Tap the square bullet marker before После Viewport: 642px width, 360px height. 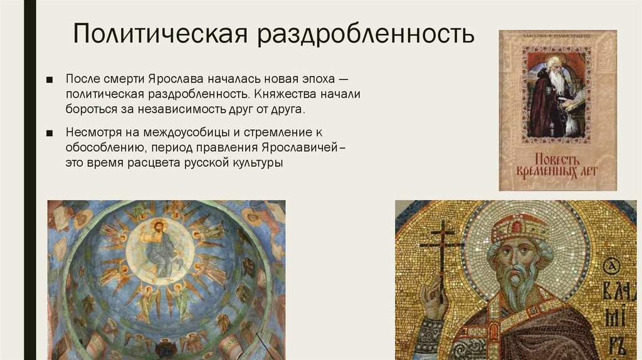point(51,81)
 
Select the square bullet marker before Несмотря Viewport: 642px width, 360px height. point(51,134)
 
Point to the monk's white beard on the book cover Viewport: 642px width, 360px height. point(556,81)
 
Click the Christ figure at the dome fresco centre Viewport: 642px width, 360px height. point(156,245)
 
